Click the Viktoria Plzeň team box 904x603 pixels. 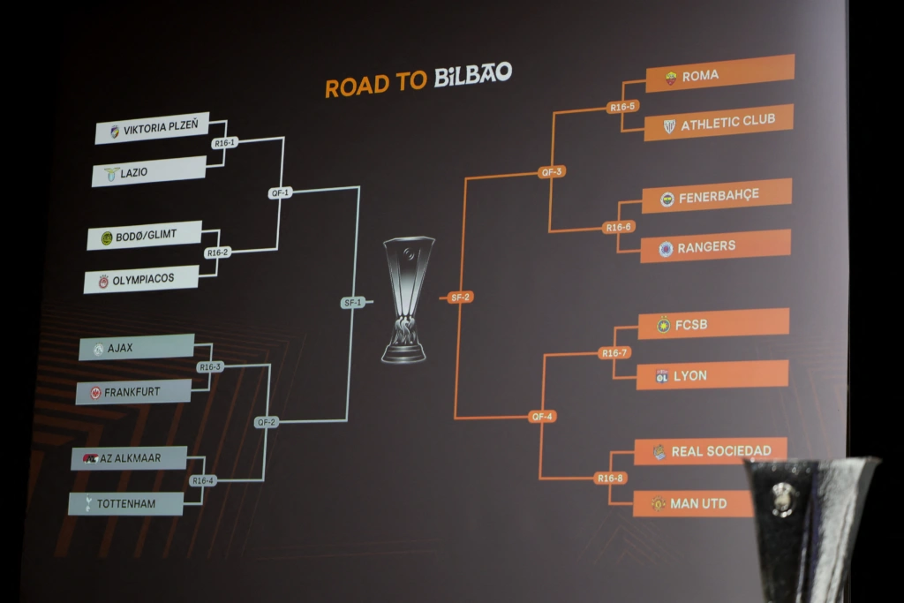coord(152,129)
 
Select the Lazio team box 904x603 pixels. coord(148,171)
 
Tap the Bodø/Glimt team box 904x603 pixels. coord(145,236)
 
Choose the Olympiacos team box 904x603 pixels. coord(141,279)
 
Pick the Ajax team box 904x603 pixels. coord(136,348)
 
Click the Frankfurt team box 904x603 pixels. coord(132,391)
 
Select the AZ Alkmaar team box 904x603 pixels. coord(129,458)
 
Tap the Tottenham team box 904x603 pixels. coord(125,503)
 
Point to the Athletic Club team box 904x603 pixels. coord(718,123)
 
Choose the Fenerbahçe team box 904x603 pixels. coord(716,195)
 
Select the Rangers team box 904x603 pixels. coord(715,246)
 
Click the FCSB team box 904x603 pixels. coord(713,323)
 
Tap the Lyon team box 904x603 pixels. coord(712,374)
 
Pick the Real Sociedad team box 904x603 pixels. coord(710,450)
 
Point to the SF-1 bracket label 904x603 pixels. coord(352,303)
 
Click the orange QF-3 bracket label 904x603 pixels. coord(552,172)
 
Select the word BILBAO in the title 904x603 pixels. coord(472,76)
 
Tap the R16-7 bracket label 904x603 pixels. coord(614,353)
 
